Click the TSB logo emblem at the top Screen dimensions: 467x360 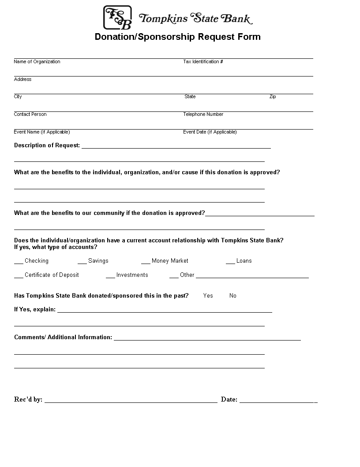click(117, 17)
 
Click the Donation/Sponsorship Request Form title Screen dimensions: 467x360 click(177, 37)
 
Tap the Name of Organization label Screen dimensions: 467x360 click(37, 62)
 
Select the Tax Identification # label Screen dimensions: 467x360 click(203, 62)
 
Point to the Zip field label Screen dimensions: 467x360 click(273, 97)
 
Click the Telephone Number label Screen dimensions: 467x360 click(203, 115)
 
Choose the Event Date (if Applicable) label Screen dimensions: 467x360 click(210, 132)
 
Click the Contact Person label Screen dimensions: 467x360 click(30, 115)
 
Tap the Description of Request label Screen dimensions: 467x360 click(47, 145)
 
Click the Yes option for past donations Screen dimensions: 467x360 click(208, 296)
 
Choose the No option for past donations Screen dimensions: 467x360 click(233, 296)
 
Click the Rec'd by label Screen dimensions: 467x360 click(28, 400)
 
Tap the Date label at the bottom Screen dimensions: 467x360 click(229, 400)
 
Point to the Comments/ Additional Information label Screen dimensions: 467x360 click(63, 337)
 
